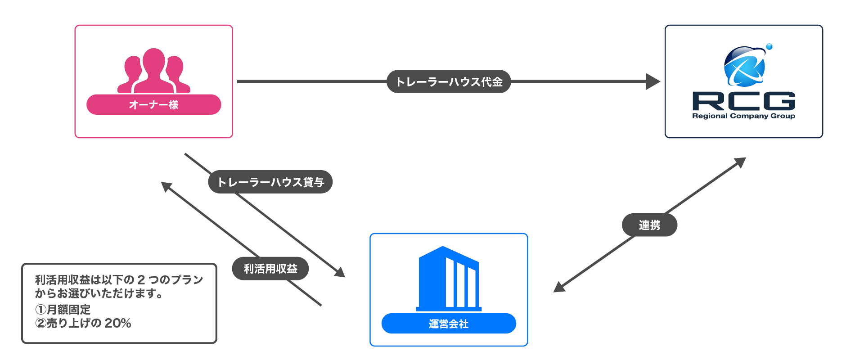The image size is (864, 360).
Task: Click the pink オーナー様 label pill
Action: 153,105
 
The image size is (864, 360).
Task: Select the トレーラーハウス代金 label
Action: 449,82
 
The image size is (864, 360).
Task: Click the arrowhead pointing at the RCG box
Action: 653,81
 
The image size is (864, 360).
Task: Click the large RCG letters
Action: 743,101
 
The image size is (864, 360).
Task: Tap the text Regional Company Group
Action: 743,116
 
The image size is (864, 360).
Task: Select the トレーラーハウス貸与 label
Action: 270,182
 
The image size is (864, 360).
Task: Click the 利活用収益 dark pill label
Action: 270,269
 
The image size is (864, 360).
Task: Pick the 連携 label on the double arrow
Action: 649,225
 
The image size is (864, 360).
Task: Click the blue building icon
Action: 448,279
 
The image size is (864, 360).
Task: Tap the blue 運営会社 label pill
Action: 448,324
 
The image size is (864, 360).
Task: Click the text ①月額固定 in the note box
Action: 63,310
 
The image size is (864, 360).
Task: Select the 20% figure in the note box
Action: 118,323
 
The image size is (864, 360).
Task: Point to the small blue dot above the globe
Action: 769,47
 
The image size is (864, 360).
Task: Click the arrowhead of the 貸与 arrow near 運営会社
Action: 340,272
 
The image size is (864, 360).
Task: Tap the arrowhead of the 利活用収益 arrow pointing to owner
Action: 166,186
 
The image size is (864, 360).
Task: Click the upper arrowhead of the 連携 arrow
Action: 740,162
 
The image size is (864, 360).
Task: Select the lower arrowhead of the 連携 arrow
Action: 559,288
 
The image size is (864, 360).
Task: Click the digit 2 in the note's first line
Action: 141,280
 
